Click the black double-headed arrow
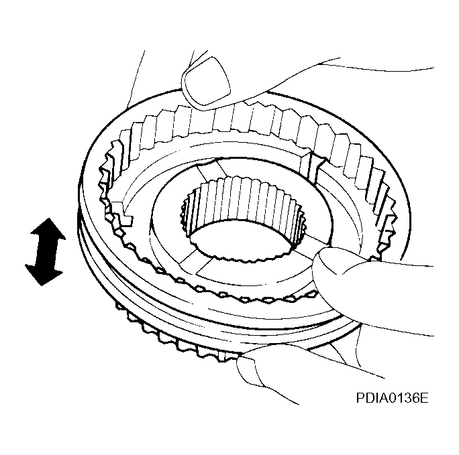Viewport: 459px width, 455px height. (46, 251)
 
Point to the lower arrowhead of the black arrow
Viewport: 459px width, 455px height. (44, 274)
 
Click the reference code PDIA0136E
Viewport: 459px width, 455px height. (392, 398)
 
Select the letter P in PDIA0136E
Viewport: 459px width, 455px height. (360, 398)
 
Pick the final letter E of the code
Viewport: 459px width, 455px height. (425, 398)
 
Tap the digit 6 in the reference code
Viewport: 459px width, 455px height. (415, 398)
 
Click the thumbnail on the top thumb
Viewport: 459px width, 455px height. (207, 81)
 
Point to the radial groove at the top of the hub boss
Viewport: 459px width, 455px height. (211, 170)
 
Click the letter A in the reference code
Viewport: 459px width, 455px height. (385, 398)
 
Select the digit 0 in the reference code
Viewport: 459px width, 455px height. (393, 398)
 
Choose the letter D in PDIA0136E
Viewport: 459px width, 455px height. (370, 398)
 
